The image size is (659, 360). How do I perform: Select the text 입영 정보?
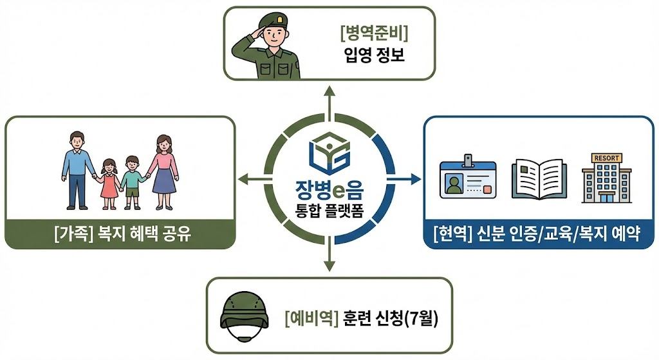tap(373, 57)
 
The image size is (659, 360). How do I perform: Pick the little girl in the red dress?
tap(109, 183)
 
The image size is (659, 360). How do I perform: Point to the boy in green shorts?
tap(133, 182)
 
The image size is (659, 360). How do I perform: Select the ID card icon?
tap(468, 178)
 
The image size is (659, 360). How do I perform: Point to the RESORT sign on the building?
tap(607, 158)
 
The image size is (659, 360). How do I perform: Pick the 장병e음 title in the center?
tap(329, 192)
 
